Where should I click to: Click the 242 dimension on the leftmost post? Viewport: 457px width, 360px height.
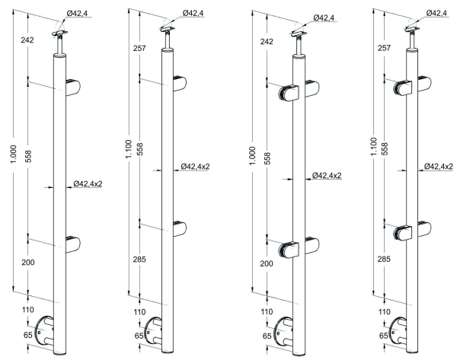(27, 40)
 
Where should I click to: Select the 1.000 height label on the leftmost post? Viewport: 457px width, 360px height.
(14, 154)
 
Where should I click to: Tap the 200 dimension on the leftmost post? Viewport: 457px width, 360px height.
(28, 263)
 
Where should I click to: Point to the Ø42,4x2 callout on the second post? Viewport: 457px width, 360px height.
(195, 167)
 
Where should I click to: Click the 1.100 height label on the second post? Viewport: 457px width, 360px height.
(129, 149)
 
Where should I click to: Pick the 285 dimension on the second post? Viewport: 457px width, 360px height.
(139, 260)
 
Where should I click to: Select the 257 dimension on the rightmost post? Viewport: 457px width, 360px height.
(384, 48)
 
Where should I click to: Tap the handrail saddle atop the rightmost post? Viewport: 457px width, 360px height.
(412, 29)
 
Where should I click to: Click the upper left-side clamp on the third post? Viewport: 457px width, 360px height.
(288, 93)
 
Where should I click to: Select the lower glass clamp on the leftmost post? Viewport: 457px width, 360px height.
(73, 244)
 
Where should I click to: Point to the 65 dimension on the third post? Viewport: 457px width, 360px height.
(267, 336)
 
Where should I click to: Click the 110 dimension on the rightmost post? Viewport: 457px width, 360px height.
(384, 312)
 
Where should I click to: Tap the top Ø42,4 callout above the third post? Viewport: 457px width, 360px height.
(324, 18)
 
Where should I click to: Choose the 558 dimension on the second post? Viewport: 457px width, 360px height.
(140, 149)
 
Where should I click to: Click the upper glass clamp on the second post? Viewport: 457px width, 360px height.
(180, 84)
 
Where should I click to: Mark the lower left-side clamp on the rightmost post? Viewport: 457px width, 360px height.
(402, 233)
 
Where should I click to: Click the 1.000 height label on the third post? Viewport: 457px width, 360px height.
(252, 155)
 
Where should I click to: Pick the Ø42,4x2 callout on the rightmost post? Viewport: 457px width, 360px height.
(439, 167)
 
